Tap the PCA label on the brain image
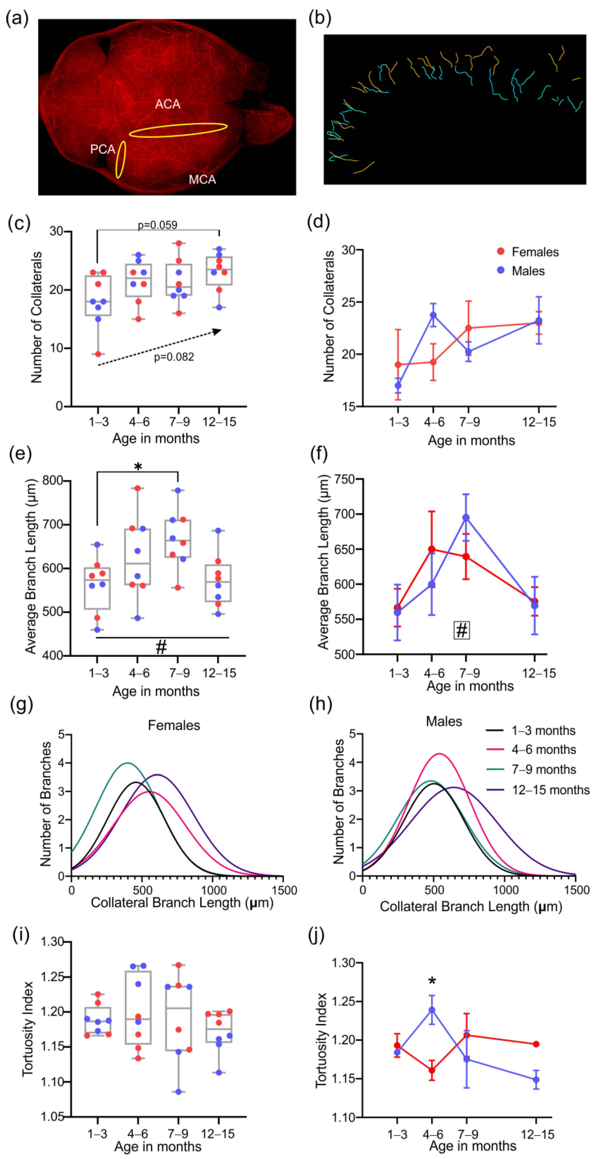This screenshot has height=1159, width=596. pos(103,149)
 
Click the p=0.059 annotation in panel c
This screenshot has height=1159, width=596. pos(157,225)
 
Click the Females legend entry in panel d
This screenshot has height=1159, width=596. pos(535,252)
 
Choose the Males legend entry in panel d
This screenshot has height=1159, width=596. pos(528,271)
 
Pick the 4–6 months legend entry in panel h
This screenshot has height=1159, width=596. pos(543,750)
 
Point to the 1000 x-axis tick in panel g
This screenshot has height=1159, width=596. pos(214,890)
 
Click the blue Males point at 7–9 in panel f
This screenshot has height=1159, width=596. pos(466,518)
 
